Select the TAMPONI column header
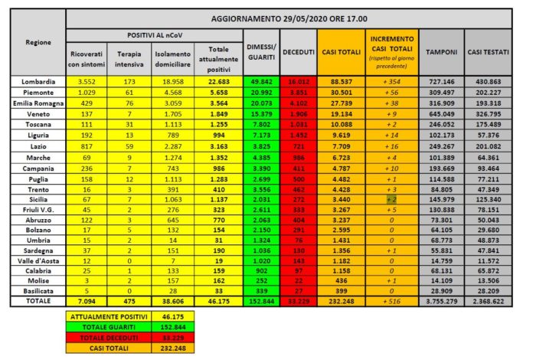441,51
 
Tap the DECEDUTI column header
298,51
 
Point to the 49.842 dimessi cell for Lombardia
260,81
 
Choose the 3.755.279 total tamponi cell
441,302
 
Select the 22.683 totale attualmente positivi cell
217,81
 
